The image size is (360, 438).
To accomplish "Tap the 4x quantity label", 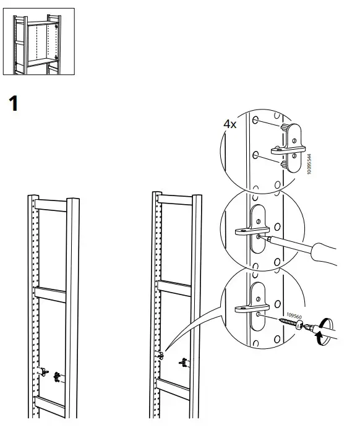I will [230, 124].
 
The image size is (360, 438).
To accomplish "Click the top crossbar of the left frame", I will [53, 205].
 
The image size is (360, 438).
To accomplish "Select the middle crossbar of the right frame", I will [176, 287].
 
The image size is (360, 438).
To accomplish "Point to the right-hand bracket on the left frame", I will [58, 375].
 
